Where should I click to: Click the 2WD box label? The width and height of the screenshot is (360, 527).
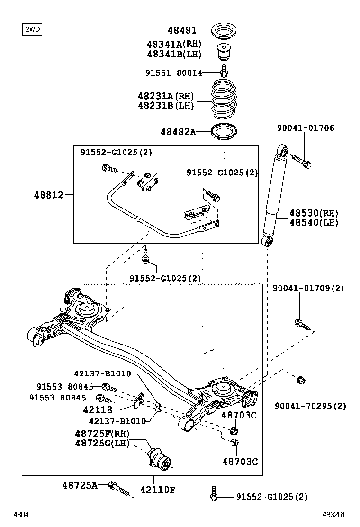click(32, 29)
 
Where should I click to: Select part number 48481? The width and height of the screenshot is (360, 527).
click(182, 30)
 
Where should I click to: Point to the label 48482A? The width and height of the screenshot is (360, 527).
click(178, 132)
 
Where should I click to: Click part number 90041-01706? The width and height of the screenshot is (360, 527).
click(306, 127)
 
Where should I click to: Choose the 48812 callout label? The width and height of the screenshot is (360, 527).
click(49, 195)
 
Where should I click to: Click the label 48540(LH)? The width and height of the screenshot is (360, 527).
click(314, 222)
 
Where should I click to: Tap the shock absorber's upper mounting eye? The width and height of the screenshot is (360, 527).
click(283, 150)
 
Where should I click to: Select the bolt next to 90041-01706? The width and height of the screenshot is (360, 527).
click(301, 161)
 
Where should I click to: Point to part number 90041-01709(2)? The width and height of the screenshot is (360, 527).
click(308, 288)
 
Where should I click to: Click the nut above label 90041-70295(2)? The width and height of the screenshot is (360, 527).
click(301, 380)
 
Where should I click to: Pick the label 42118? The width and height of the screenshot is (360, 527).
click(98, 409)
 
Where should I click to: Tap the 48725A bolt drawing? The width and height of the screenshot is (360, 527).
click(118, 488)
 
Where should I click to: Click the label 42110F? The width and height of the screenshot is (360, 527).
click(158, 490)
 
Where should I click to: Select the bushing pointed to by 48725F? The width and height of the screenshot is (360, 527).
click(160, 458)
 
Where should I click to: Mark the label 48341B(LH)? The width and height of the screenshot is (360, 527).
click(174, 54)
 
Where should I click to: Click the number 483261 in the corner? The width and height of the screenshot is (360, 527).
click(334, 514)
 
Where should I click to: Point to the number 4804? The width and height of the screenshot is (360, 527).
click(21, 514)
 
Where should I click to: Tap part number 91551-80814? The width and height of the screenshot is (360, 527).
click(174, 73)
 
